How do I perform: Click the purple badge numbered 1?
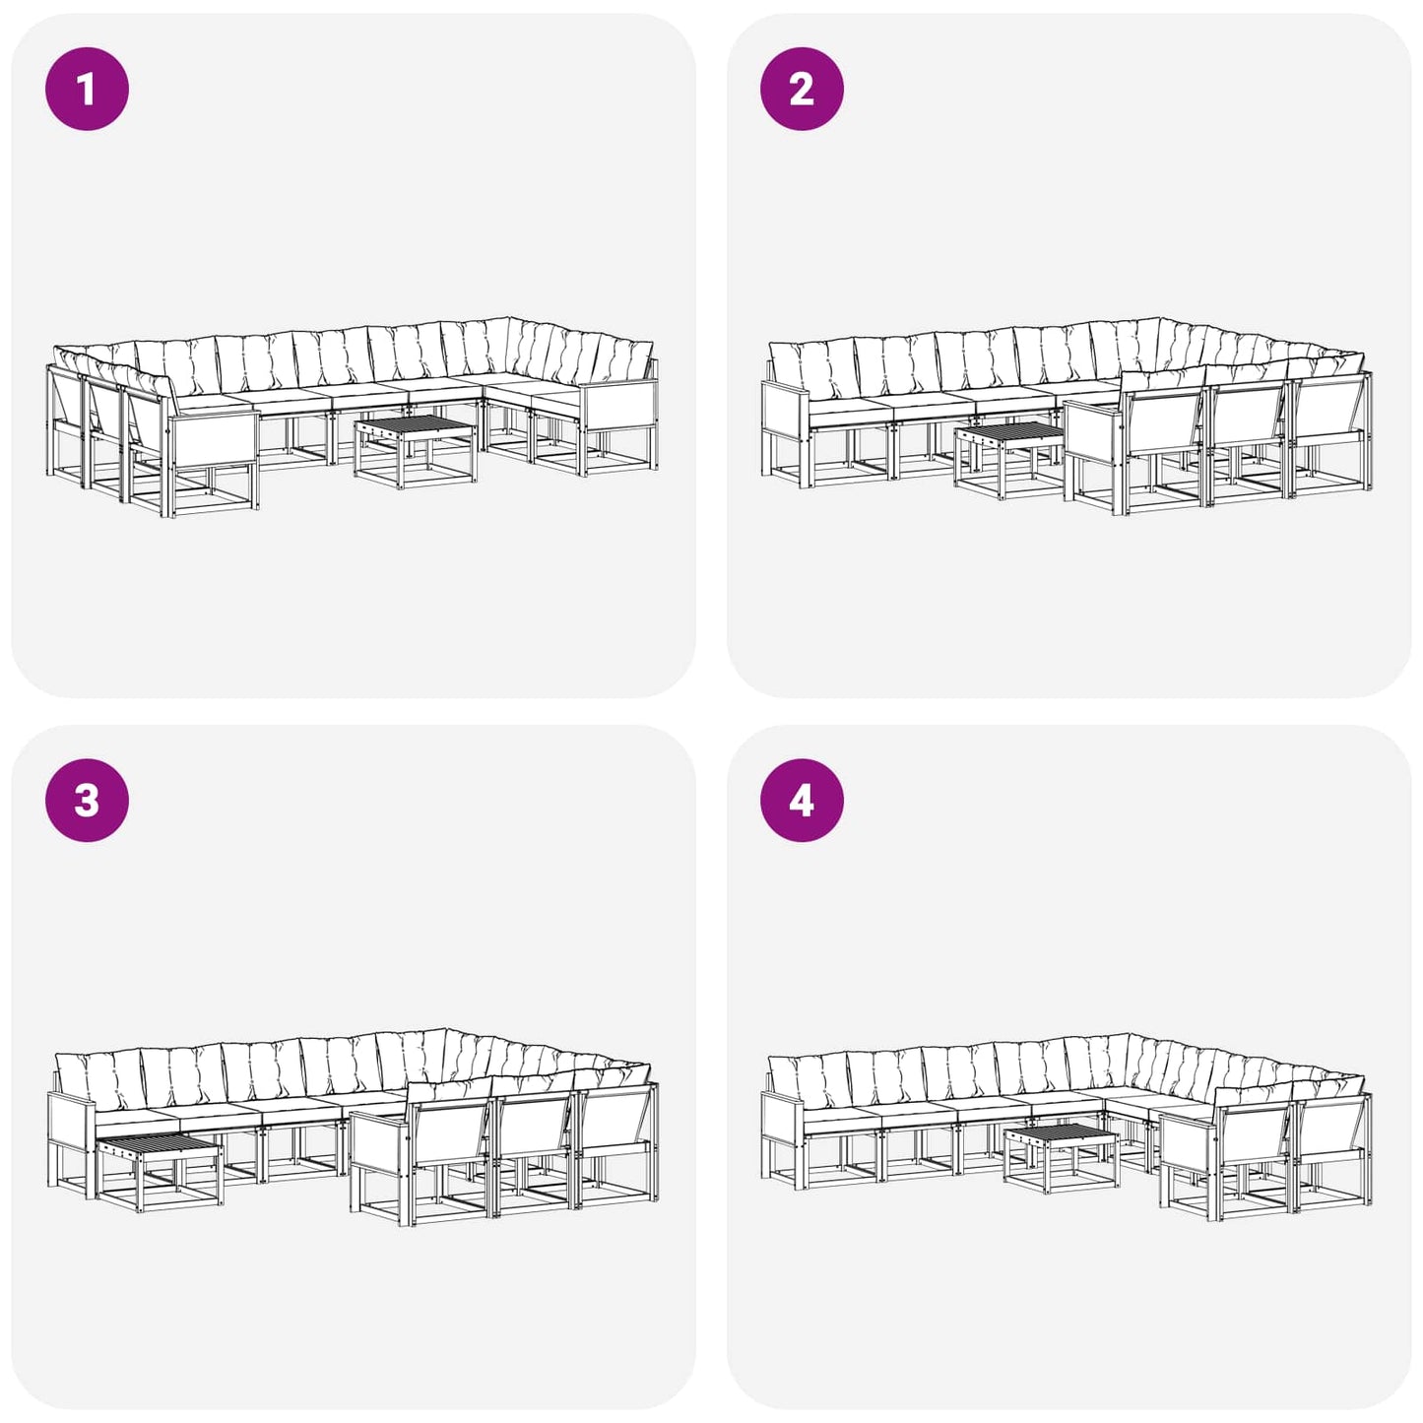click(87, 89)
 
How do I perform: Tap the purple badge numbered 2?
click(802, 89)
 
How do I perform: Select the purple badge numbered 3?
click(87, 801)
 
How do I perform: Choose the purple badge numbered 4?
click(802, 801)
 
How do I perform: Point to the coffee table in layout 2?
click(1008, 459)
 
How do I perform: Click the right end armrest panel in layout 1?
click(618, 405)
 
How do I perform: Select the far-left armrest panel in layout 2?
click(785, 411)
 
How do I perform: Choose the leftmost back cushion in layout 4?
click(808, 1082)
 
